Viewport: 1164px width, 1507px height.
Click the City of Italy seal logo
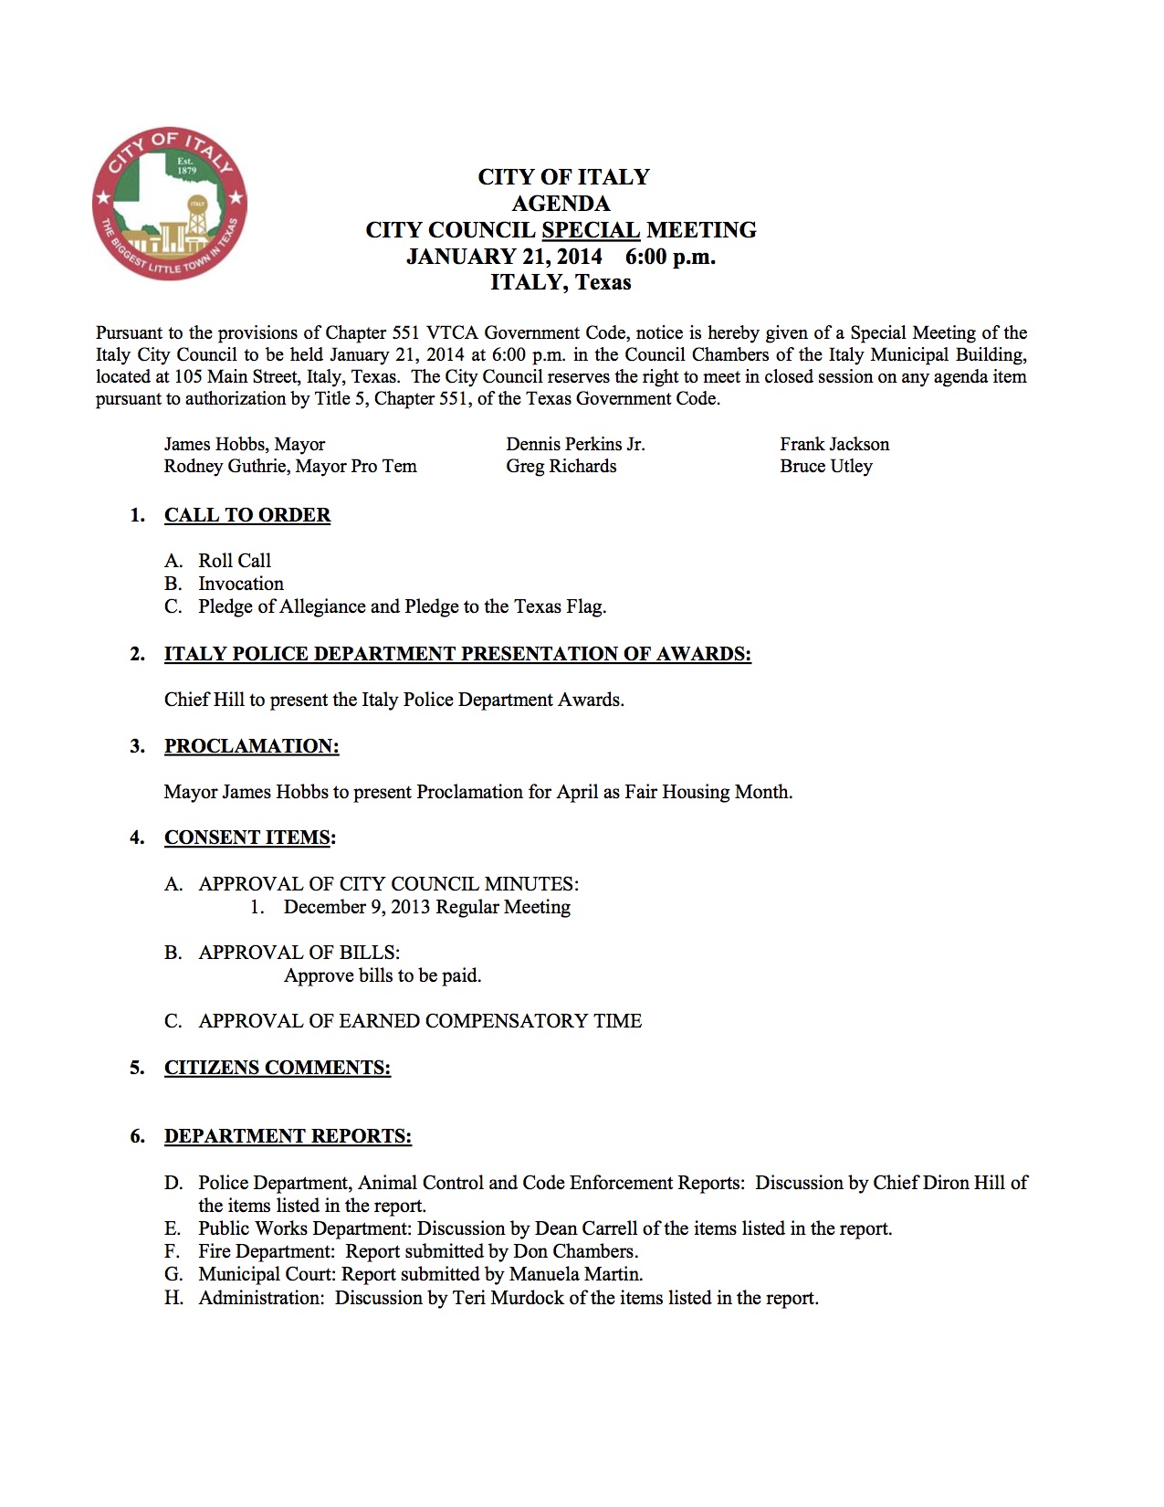[x=170, y=204]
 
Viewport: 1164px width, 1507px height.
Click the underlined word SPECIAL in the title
[x=590, y=230]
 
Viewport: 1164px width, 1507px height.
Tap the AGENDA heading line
[x=561, y=204]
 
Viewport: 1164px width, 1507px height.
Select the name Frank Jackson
[x=834, y=445]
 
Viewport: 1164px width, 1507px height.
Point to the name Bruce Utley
[x=825, y=467]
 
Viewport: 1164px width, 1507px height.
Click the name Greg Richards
[x=561, y=467]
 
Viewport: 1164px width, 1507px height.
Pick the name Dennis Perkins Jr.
[x=575, y=445]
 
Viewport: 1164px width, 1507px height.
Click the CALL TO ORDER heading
[x=247, y=515]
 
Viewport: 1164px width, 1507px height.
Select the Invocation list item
[x=241, y=584]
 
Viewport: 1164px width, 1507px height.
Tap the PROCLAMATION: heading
[x=251, y=746]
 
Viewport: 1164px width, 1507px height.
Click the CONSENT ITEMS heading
[x=247, y=838]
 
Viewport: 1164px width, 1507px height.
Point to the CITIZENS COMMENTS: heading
[x=278, y=1068]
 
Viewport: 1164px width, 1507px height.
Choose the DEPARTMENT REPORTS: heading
[x=288, y=1136]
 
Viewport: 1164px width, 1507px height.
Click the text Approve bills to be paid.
[x=383, y=975]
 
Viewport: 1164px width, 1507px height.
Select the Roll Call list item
[x=235, y=561]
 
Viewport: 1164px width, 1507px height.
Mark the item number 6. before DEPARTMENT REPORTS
[x=138, y=1136]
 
